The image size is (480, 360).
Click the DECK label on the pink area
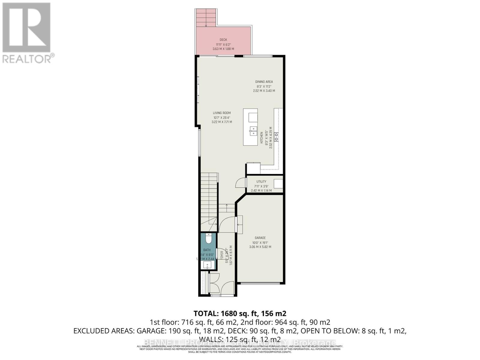pos(223,40)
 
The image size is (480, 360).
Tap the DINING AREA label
pos(264,82)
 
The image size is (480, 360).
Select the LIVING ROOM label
pos(222,113)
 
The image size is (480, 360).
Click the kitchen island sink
pos(253,130)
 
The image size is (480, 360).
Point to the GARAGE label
pos(260,238)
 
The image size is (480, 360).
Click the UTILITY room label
pos(261,181)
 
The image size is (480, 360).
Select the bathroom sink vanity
pos(207,265)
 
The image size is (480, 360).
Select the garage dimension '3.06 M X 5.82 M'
pos(260,247)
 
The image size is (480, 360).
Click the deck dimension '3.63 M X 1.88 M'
pos(223,49)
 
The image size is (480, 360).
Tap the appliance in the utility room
pos(278,183)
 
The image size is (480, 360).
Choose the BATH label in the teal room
pos(207,250)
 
